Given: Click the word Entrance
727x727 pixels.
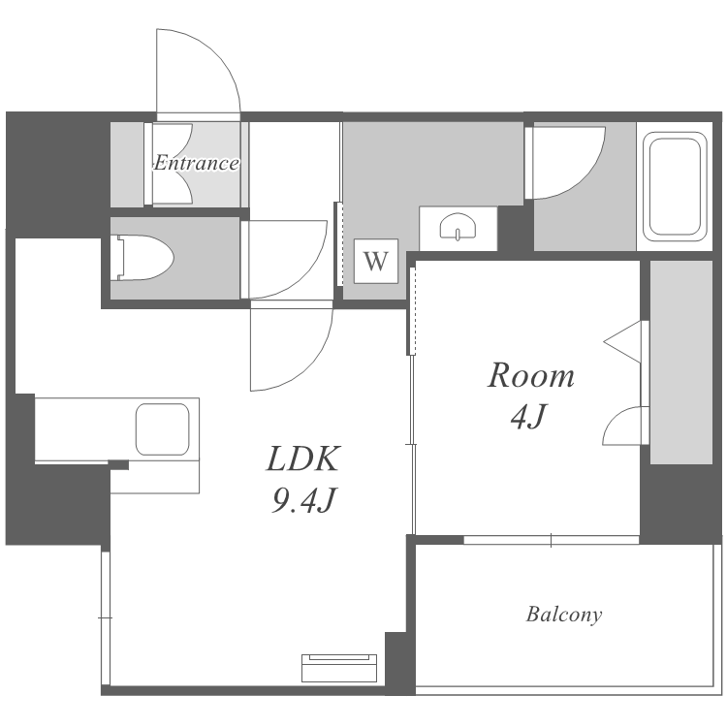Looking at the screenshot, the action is (x=196, y=163).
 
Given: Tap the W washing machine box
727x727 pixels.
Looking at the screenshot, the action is (x=375, y=261).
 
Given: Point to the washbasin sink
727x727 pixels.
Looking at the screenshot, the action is (x=458, y=227).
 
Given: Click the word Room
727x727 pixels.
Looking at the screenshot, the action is (x=531, y=375).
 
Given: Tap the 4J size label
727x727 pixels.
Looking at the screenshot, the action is (x=529, y=417).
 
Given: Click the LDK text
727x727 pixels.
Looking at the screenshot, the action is (x=303, y=458).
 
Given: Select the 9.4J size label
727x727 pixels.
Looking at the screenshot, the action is (x=303, y=500).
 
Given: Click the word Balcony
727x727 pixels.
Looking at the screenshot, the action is (x=564, y=615).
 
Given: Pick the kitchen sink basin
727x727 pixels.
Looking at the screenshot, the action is (x=162, y=429).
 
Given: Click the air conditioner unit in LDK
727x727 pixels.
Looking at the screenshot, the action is (x=339, y=668).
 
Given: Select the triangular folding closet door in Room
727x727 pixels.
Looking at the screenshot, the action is (x=622, y=342).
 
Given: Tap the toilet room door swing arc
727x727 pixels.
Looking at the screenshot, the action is (x=301, y=273).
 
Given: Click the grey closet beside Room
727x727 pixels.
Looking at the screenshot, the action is (x=681, y=362).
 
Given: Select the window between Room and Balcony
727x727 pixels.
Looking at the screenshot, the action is (x=552, y=540).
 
